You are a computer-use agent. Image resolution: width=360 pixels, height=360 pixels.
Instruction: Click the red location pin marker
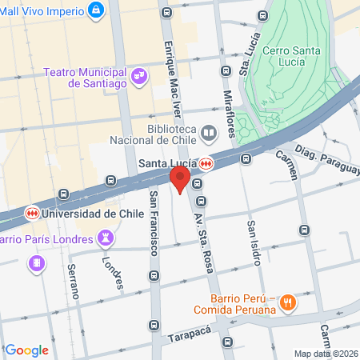pyautogui.click(x=180, y=179)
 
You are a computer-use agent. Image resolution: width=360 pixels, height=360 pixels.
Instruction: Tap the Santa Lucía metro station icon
pyautogui.click(x=206, y=163)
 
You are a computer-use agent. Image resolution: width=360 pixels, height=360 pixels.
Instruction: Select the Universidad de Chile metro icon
pyautogui.click(x=32, y=214)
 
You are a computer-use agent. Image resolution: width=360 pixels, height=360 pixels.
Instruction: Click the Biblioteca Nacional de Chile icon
pyautogui.click(x=208, y=132)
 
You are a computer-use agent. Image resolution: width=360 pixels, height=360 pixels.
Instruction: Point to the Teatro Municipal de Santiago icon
pyautogui.click(x=140, y=76)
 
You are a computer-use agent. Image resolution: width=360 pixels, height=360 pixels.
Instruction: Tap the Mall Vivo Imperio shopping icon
pyautogui.click(x=97, y=10)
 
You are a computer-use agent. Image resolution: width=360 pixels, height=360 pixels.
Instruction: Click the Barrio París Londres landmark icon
pyautogui.click(x=105, y=237)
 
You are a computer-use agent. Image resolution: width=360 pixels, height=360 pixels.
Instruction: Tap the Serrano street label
pyautogui.click(x=73, y=281)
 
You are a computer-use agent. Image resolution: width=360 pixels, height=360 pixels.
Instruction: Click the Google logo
pyautogui.click(x=27, y=350)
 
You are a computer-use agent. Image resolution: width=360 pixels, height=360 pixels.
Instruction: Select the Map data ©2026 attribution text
pyautogui.click(x=326, y=354)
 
